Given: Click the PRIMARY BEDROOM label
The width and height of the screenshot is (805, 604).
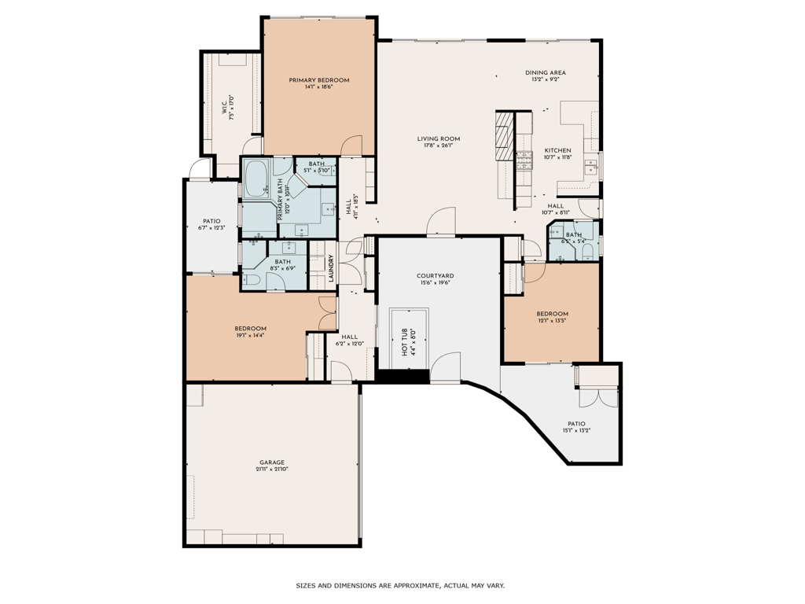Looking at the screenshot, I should [318, 80].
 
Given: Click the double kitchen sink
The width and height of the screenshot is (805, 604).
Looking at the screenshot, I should [592, 165].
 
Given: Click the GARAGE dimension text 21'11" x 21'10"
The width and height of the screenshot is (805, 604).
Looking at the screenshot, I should [272, 470].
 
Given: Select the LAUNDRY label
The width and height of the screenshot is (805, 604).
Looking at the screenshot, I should [331, 269].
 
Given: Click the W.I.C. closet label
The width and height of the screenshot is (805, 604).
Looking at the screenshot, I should [227, 107].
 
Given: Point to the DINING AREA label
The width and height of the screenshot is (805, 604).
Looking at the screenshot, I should [546, 72].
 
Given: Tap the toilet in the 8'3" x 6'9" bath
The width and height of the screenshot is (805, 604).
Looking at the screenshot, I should [252, 279].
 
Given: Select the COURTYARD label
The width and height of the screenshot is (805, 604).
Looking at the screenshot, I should [435, 276].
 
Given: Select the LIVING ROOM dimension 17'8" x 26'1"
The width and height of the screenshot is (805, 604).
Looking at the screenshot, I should [439, 145].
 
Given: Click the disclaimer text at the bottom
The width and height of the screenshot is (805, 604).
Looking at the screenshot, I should [400, 585].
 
